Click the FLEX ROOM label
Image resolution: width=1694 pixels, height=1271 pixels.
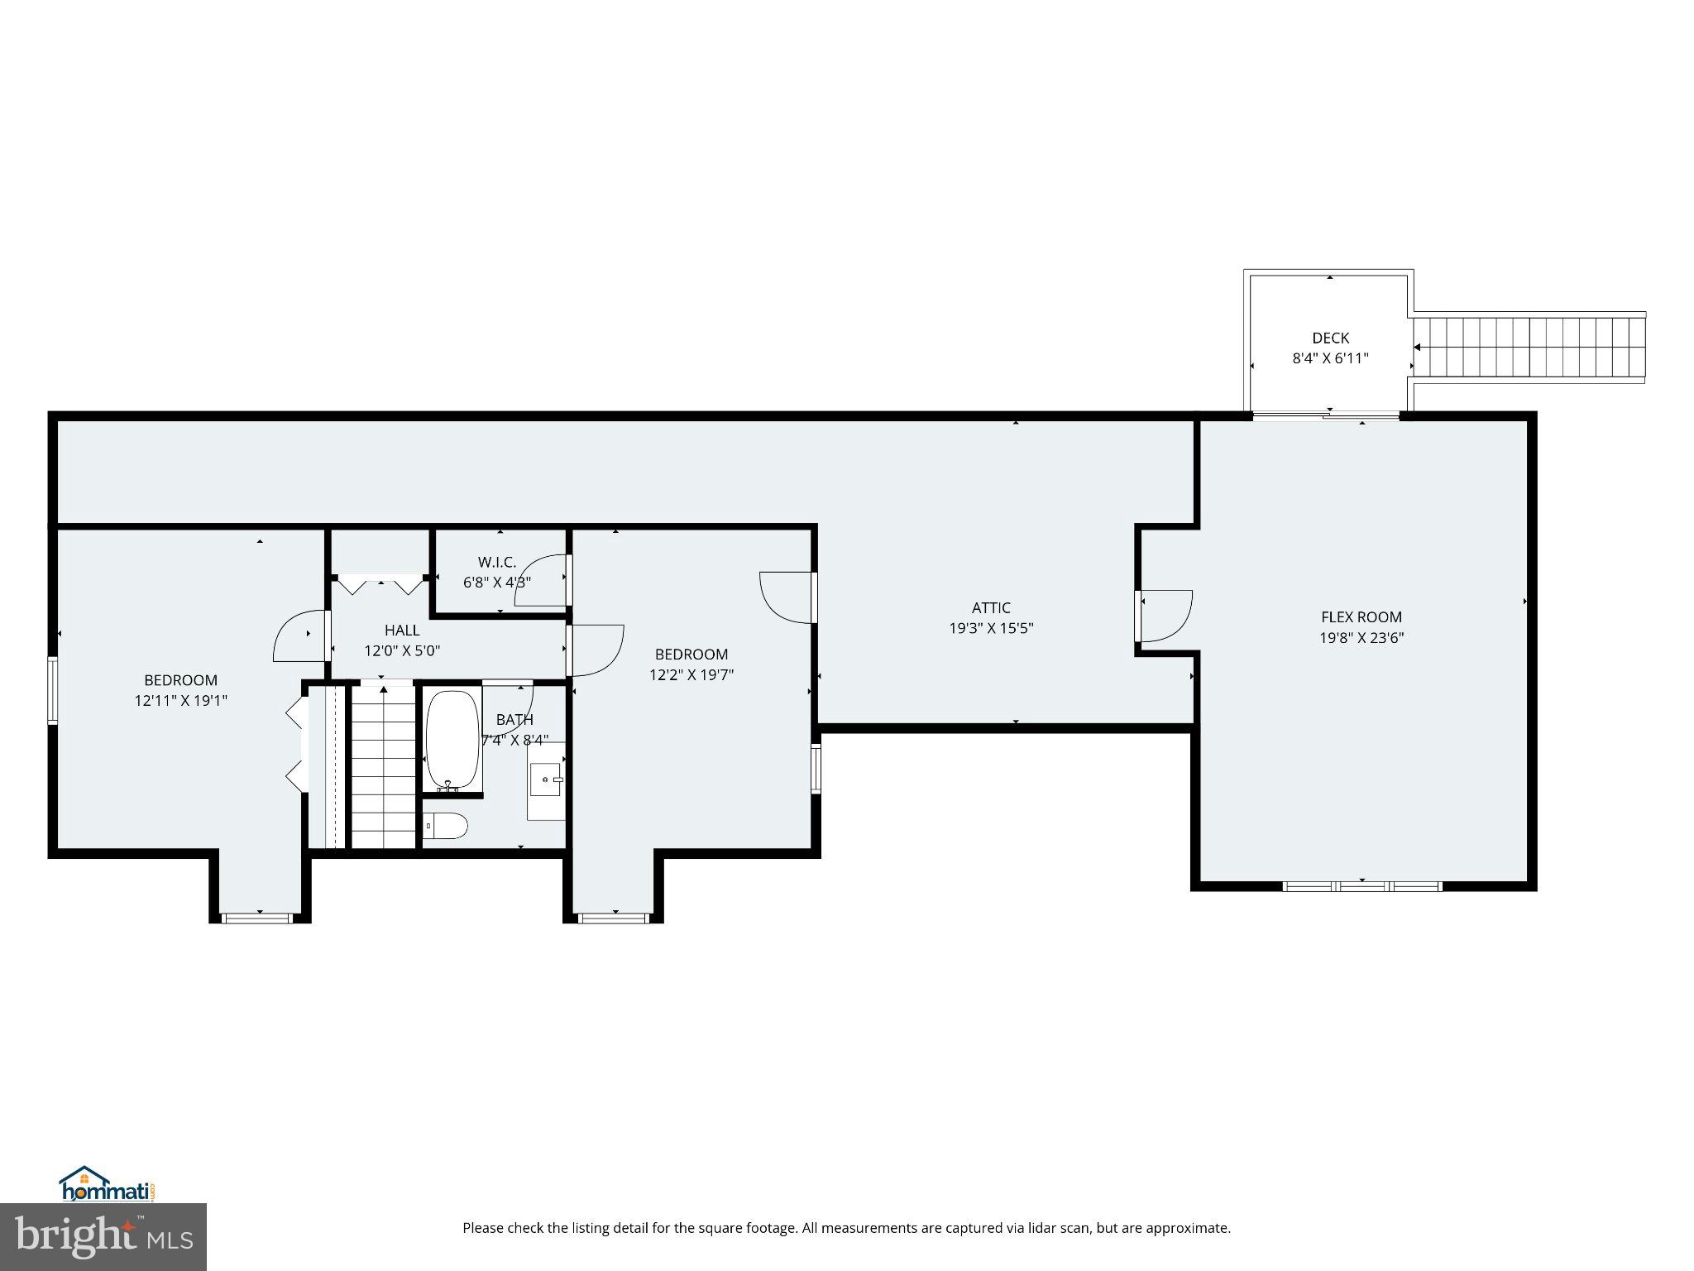1361,616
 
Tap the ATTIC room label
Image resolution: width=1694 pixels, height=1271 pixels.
991,607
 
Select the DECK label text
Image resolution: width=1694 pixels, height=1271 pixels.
1330,338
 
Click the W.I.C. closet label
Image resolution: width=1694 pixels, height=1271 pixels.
496,562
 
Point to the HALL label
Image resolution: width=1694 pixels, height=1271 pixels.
402,631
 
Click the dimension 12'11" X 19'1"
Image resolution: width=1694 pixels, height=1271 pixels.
180,701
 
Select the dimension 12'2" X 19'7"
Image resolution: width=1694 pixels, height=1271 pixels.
691,675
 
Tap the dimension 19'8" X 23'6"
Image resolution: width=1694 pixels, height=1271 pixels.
1361,638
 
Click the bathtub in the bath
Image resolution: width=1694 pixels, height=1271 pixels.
452,739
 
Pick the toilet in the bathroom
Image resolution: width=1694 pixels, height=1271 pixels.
446,825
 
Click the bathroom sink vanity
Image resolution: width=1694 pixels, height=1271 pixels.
546,780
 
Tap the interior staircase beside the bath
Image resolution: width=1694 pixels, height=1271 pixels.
384,765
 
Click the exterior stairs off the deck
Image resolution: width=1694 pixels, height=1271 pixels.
1529,348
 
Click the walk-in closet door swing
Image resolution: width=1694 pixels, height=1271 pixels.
539,581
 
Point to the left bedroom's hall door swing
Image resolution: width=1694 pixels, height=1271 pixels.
299,635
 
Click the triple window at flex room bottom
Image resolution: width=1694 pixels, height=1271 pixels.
1361,886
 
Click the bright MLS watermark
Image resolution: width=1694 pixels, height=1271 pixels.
103,1236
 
